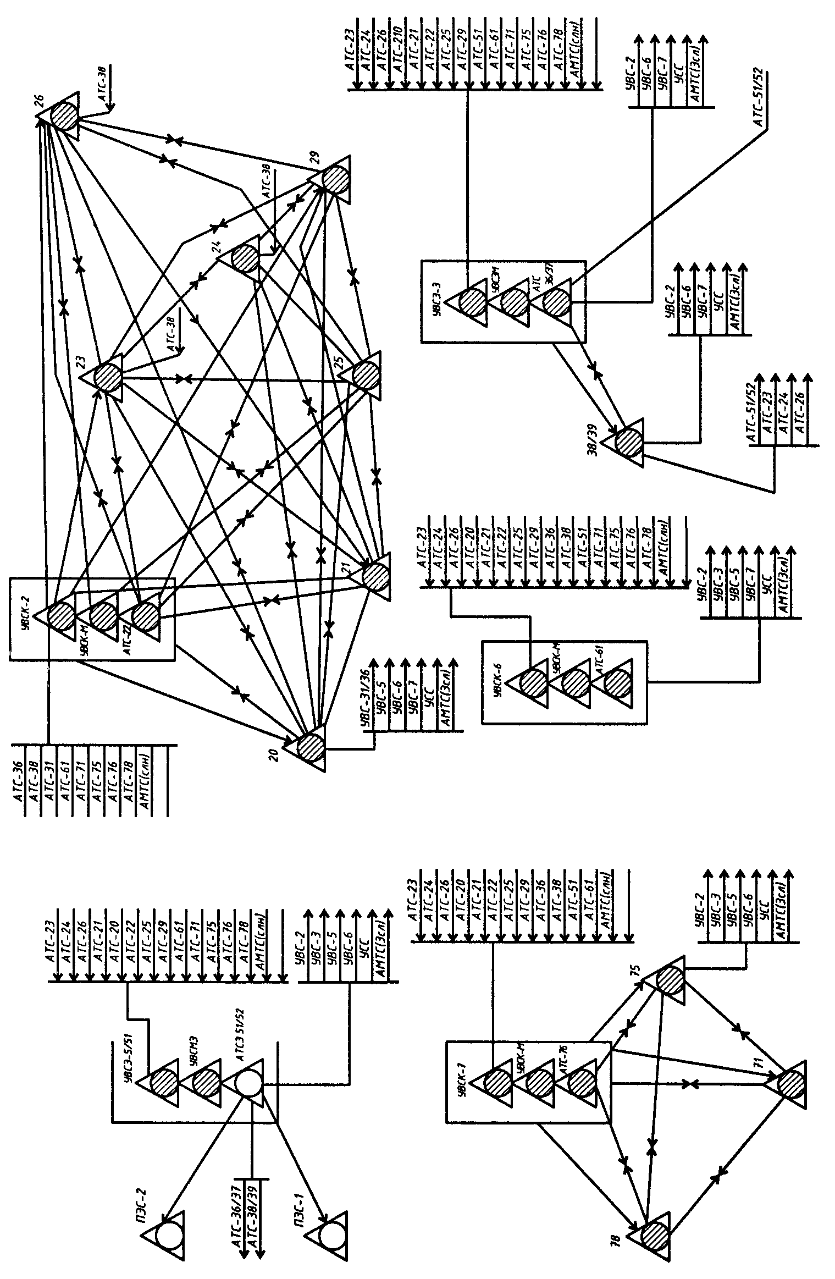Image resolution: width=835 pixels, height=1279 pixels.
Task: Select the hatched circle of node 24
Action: tap(245, 258)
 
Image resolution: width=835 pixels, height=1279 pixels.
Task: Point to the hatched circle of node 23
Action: tap(108, 377)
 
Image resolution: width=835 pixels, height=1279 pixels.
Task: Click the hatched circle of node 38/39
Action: tap(628, 440)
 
